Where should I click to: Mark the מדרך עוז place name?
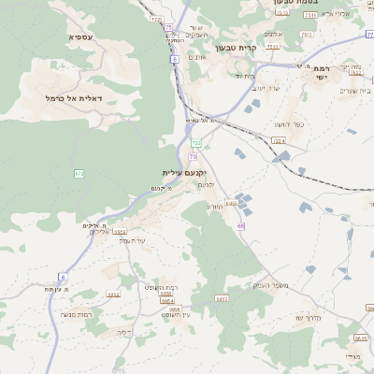(x=311, y=317)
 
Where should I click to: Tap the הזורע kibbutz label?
(x=215, y=206)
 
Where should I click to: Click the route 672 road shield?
(x=79, y=173)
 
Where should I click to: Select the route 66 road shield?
(x=240, y=225)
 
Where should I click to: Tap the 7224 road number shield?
(x=279, y=141)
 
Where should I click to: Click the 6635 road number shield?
(x=361, y=338)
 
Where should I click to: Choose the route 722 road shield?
(x=195, y=142)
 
